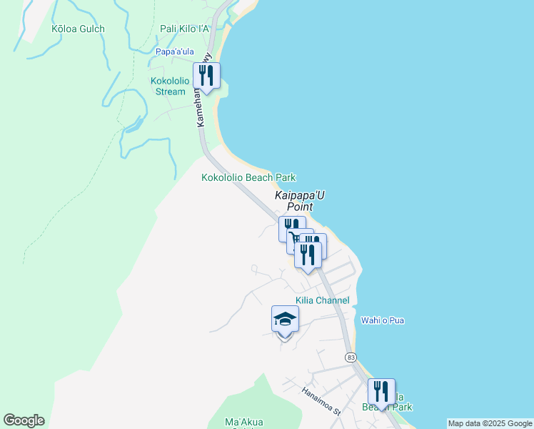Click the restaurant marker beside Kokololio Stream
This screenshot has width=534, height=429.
(x=206, y=77)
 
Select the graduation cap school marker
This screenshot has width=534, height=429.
(x=285, y=320)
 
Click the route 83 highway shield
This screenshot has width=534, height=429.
(x=350, y=356)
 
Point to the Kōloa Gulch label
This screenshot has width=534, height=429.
(x=78, y=29)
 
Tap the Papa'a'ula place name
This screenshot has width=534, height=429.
(x=175, y=51)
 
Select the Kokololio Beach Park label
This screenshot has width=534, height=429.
(x=248, y=177)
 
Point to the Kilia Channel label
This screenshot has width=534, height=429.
(x=323, y=300)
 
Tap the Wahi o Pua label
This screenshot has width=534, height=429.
(x=383, y=320)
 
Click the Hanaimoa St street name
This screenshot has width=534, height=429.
(x=323, y=402)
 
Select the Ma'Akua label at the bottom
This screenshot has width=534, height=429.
(x=240, y=422)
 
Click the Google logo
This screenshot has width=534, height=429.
(x=24, y=420)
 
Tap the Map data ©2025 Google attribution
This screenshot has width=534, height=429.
(x=489, y=423)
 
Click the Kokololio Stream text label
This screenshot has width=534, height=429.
(x=168, y=86)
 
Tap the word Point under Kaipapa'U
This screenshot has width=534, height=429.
(x=301, y=207)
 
